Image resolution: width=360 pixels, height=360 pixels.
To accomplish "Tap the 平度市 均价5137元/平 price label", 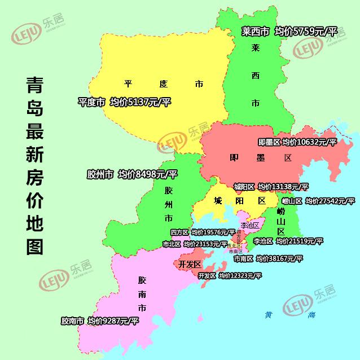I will [140, 102].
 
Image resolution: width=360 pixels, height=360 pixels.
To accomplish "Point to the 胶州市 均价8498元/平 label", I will [148, 174].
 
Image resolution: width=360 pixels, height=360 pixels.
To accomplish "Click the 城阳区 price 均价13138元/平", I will [283, 187].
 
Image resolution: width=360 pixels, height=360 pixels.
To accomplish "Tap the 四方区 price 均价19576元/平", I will [213, 232].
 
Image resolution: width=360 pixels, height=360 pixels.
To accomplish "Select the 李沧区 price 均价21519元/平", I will [299, 241].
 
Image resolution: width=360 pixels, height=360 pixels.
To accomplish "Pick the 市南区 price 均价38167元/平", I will [279, 258].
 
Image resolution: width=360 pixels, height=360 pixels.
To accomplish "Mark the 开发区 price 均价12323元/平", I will [240, 276].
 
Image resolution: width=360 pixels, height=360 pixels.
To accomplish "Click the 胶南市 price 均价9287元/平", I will [113, 321].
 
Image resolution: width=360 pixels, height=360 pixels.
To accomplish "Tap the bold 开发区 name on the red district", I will [190, 264].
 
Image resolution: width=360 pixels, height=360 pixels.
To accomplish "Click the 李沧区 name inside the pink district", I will [248, 225].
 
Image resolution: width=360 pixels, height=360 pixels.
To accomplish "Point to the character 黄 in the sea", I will [269, 315].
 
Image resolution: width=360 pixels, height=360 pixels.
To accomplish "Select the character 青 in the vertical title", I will [35, 86].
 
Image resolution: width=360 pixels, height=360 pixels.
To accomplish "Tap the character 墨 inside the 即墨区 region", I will [260, 158].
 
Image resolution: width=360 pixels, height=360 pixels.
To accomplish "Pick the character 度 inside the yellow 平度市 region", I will [164, 84].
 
